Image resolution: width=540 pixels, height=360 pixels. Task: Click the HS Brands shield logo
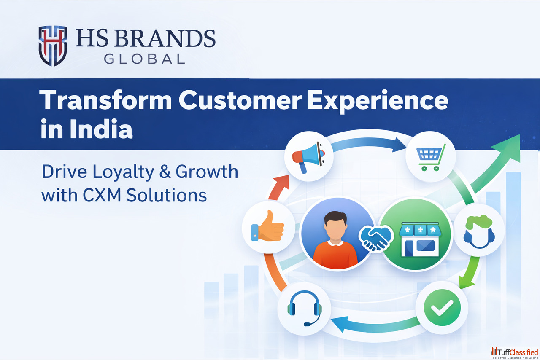point(53,46)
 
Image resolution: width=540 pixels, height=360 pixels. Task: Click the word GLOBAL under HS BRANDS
point(144,59)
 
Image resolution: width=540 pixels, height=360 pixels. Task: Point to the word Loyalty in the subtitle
point(123,172)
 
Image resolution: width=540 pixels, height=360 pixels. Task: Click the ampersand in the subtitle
point(165,172)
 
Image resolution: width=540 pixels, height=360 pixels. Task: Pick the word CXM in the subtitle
point(102,195)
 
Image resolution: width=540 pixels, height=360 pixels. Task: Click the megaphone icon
point(308,156)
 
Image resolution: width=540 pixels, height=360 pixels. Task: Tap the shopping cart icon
point(431,157)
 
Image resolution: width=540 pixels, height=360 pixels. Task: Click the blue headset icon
point(305,308)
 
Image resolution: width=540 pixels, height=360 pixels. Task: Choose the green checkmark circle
point(442,307)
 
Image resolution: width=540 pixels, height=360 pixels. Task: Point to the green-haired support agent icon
point(479,231)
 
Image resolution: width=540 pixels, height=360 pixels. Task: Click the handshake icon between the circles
point(376,238)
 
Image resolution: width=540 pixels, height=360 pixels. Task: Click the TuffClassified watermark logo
point(514,352)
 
